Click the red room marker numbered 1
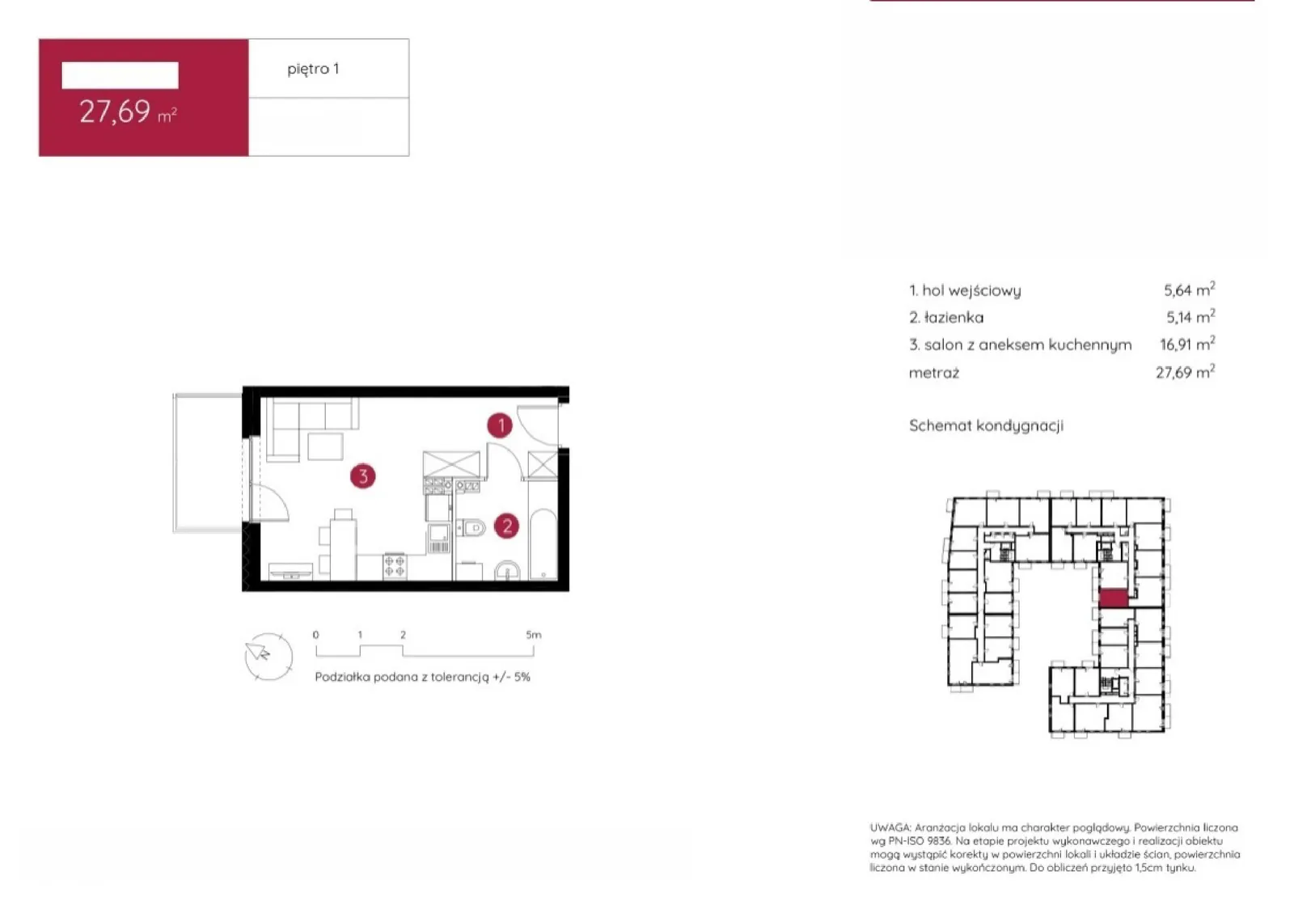(500, 425)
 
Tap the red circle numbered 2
(506, 526)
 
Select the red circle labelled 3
(363, 476)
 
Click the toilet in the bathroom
(472, 527)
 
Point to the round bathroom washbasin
(508, 570)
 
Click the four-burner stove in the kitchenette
(395, 566)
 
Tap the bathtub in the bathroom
(543, 543)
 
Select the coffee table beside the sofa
(325, 446)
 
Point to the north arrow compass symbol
(268, 656)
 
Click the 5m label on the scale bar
(533, 635)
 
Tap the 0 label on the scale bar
(316, 635)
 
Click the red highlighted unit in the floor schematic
(1113, 598)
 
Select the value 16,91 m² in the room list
(1187, 344)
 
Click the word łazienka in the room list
(954, 318)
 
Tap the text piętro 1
(313, 70)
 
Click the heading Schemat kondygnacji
(986, 426)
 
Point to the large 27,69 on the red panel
(114, 112)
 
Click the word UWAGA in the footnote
(890, 827)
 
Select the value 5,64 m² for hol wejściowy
(1190, 290)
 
